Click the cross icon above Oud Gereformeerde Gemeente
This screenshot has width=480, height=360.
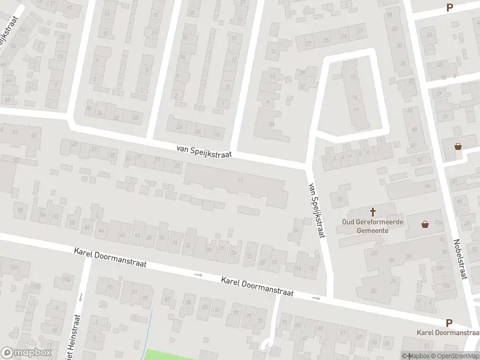coord(373,211)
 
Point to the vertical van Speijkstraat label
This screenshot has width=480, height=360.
coord(316,210)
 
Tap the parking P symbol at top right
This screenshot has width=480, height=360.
coord(449,7)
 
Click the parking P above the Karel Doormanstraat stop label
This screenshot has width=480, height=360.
coord(449,322)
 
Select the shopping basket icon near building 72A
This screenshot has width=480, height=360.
coord(425,224)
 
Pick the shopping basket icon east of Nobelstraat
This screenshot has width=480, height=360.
coord(458,146)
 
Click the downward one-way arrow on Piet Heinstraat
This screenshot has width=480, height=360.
coord(80,296)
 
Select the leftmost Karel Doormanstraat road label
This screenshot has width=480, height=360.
coord(107,259)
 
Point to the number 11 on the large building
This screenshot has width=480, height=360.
coord(241,180)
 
